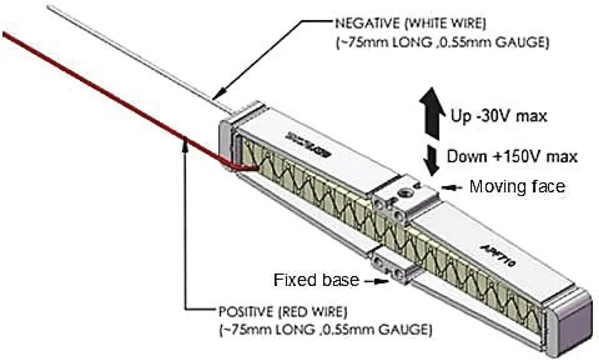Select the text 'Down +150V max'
[512, 156]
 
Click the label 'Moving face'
[518, 187]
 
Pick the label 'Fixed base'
[316, 280]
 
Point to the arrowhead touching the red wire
[186, 145]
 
